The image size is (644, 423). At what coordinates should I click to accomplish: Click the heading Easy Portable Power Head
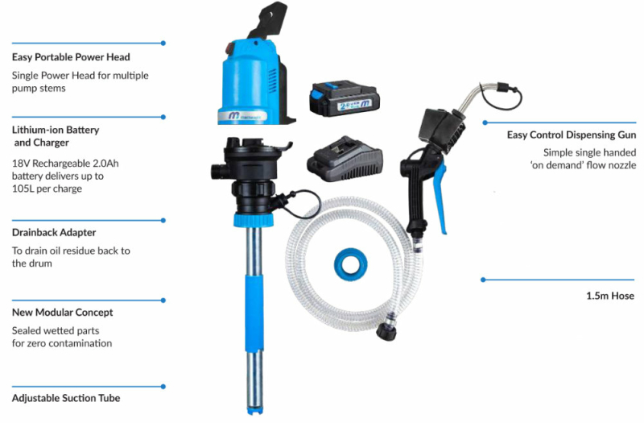[x=71, y=57]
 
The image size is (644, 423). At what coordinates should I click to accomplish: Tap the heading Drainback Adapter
[x=54, y=232]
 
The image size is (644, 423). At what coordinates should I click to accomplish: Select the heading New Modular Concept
[x=63, y=313]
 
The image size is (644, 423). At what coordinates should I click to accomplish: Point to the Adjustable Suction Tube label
[x=66, y=398]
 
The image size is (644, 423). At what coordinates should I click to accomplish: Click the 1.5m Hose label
[x=610, y=296]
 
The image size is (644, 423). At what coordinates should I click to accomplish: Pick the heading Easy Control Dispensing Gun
[x=572, y=135]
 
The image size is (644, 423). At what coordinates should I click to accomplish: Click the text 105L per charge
[x=47, y=189]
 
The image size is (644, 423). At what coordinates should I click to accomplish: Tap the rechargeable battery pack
[x=345, y=98]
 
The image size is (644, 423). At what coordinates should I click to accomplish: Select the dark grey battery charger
[x=345, y=160]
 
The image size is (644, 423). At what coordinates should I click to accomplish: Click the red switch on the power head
[x=230, y=49]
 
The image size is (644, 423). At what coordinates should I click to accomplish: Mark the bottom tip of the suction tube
[x=254, y=412]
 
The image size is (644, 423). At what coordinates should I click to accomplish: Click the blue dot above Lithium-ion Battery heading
[x=163, y=117]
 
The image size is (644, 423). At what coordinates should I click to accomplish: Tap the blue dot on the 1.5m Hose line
[x=483, y=280]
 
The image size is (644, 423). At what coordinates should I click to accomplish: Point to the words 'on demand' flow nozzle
[x=583, y=165]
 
